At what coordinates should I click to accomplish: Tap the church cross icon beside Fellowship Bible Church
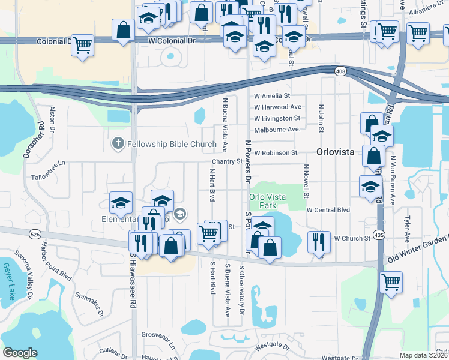(x=118, y=144)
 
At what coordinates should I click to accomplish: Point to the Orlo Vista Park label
(x=267, y=201)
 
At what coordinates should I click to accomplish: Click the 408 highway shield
(x=341, y=72)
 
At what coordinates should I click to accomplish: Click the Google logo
(x=20, y=353)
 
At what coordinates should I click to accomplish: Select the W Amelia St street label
(x=272, y=96)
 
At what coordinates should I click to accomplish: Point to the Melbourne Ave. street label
(x=277, y=130)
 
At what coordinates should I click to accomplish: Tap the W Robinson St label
(x=276, y=153)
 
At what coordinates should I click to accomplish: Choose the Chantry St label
(x=226, y=161)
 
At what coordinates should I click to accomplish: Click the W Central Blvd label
(x=328, y=210)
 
